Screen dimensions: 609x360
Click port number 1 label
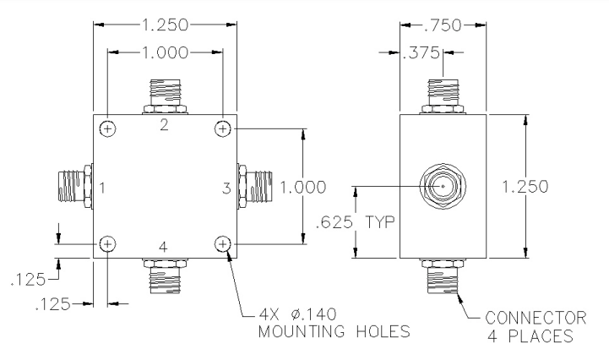[x=102, y=188]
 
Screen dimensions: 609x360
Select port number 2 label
[x=164, y=125]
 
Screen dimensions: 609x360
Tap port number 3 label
[x=226, y=188]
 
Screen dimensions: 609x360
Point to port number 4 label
[x=163, y=247]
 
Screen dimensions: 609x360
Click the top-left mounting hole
[x=107, y=128]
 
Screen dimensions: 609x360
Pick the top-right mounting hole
[x=222, y=128]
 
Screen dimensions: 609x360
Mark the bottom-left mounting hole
[x=107, y=244]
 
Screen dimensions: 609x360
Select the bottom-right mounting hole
[x=222, y=244]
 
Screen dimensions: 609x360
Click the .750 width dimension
[x=443, y=25]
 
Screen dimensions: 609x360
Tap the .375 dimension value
[x=421, y=53]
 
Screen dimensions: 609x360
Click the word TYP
[x=380, y=222]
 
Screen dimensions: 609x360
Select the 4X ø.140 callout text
[x=297, y=314]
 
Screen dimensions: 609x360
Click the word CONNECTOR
[x=536, y=318]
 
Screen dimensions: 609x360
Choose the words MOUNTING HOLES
[x=334, y=331]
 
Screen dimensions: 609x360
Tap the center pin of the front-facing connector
[x=443, y=186]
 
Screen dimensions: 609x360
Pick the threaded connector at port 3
[x=255, y=187]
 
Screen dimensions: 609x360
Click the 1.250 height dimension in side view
[x=525, y=187]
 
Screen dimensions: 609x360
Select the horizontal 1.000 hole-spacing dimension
[x=165, y=52]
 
